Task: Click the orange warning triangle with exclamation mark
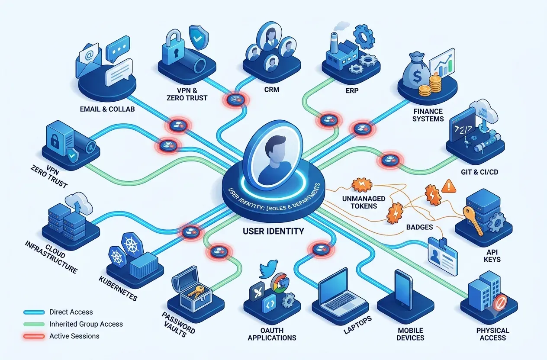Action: pyautogui.click(x=449, y=186)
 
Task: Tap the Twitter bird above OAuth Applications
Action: pyautogui.click(x=269, y=269)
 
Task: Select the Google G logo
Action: pyautogui.click(x=280, y=283)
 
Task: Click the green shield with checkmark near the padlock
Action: pyautogui.click(x=199, y=37)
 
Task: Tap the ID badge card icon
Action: pyautogui.click(x=443, y=256)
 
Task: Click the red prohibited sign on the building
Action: pyautogui.click(x=500, y=302)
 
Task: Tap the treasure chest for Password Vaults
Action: pyautogui.click(x=192, y=289)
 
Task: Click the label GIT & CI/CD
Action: pyautogui.click(x=479, y=172)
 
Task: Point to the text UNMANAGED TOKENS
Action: pyautogui.click(x=364, y=202)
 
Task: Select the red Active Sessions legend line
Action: pyautogui.click(x=34, y=336)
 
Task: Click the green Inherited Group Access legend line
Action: pyautogui.click(x=34, y=325)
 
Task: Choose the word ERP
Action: pyautogui.click(x=352, y=90)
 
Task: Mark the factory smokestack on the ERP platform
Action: pyautogui.click(x=334, y=43)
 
